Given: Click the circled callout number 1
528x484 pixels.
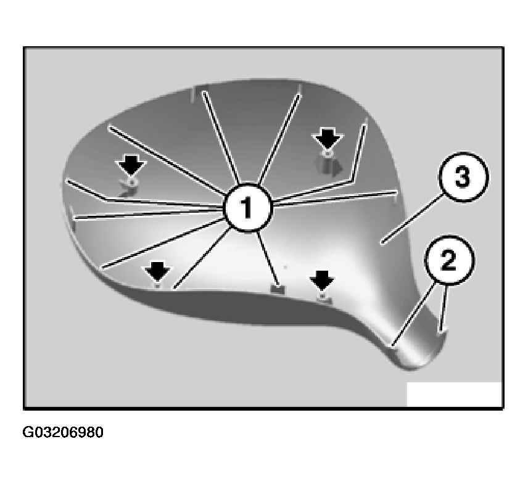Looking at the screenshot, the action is [x=248, y=208].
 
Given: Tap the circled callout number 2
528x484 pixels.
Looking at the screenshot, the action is [x=449, y=260].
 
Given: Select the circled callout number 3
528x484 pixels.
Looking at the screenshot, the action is [x=463, y=177].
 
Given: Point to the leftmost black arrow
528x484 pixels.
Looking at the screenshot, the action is [x=131, y=166].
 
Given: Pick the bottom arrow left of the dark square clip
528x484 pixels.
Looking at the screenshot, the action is [x=157, y=273].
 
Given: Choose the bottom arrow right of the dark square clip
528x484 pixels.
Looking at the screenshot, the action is [x=322, y=280].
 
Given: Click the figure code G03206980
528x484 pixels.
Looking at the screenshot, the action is [x=63, y=432].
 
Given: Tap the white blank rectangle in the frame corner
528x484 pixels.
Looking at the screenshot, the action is [x=454, y=394].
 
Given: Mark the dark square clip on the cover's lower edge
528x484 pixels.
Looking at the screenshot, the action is [x=278, y=289].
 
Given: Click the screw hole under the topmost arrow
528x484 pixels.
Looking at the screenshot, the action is [x=328, y=154].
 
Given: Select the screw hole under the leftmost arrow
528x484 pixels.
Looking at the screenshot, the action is [x=133, y=182].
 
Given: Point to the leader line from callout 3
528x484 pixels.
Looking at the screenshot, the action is [x=411, y=219].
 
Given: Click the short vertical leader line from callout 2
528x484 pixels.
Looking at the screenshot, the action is [x=444, y=308].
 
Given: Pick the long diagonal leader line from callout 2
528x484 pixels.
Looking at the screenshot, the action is [x=412, y=314].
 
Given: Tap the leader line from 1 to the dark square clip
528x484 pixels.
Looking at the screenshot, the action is [x=267, y=258].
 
